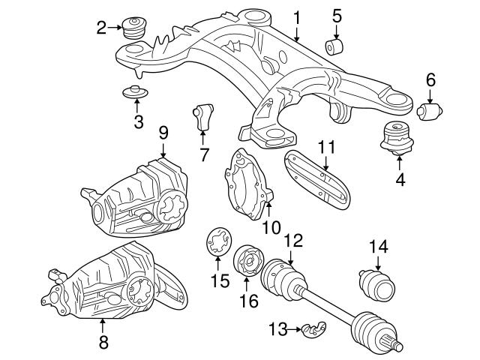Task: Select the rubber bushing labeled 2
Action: [x=136, y=29]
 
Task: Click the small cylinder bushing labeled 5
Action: [x=335, y=46]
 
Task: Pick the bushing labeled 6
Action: [x=429, y=112]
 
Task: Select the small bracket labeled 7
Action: [x=202, y=115]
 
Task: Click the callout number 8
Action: [x=103, y=343]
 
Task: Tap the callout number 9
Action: [x=163, y=133]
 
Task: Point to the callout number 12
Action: [x=293, y=241]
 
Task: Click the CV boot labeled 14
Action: [x=377, y=286]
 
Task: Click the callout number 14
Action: [x=378, y=246]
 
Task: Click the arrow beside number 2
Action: [x=116, y=28]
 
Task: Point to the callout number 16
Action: [x=247, y=301]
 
